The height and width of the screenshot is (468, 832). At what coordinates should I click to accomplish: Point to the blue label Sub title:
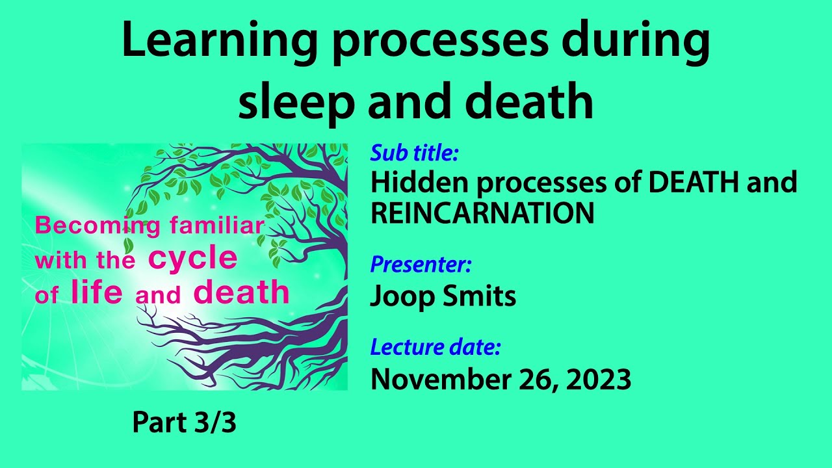pyautogui.click(x=415, y=153)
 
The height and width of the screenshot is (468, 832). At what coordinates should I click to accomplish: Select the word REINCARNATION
pyautogui.click(x=482, y=213)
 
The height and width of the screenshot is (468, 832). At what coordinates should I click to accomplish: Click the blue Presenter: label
pyautogui.click(x=421, y=265)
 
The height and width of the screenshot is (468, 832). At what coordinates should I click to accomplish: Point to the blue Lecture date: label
pyautogui.click(x=435, y=347)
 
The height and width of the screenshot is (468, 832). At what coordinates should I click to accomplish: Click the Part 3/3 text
pyautogui.click(x=184, y=423)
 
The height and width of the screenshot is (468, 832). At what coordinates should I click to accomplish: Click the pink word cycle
pyautogui.click(x=192, y=259)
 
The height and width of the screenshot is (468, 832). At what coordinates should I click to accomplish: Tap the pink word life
pyautogui.click(x=96, y=293)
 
